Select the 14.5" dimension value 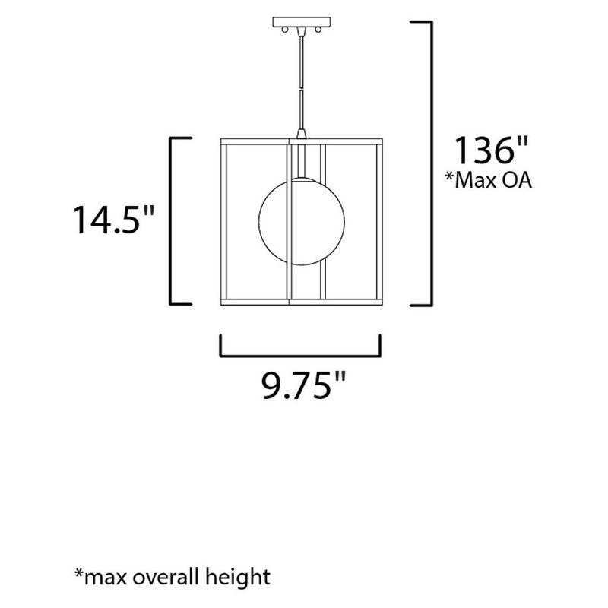click(x=113, y=220)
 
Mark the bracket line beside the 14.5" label click(x=171, y=220)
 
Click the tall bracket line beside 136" click(x=432, y=163)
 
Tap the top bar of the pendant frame click(x=299, y=141)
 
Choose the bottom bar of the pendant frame click(x=299, y=302)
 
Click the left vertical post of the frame click(x=223, y=221)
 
